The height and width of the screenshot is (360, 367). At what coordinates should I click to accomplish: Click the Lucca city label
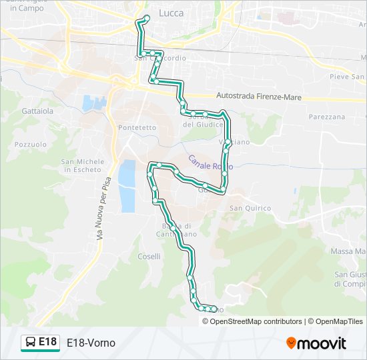click(173, 13)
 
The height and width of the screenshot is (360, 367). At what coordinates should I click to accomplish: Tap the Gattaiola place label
click(37, 111)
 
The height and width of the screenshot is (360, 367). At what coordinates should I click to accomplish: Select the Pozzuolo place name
click(30, 144)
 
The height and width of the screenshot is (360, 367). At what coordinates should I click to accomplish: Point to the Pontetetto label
click(137, 127)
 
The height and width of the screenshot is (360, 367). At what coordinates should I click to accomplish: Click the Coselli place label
click(149, 257)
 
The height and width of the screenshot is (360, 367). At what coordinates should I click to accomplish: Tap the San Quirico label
click(250, 209)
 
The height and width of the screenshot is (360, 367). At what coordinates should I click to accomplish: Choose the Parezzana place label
click(327, 117)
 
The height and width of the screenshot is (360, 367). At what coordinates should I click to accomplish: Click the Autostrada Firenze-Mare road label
click(259, 97)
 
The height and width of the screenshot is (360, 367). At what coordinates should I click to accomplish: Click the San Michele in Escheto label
click(83, 165)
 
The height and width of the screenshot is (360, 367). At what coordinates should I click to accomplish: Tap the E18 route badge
click(41, 342)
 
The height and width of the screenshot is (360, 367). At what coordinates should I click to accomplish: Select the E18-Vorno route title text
click(91, 343)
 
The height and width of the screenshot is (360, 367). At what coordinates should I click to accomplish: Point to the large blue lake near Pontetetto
click(126, 186)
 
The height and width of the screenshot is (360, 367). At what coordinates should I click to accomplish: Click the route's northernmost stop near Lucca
click(145, 18)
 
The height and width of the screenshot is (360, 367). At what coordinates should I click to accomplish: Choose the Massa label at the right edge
click(348, 251)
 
